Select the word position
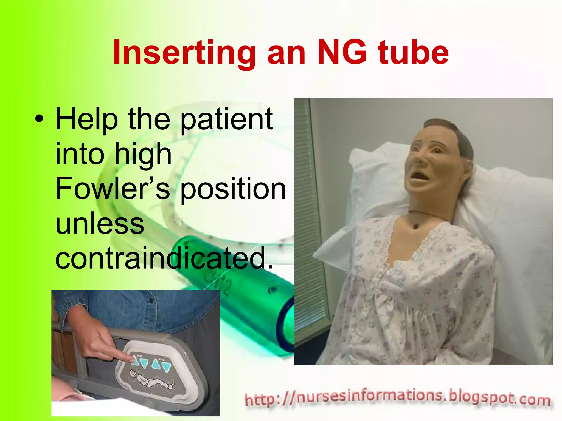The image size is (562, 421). click(233, 189)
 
